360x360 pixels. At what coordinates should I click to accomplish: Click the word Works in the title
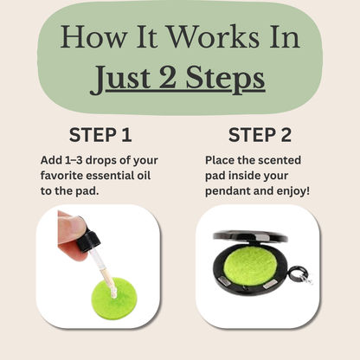point(214,37)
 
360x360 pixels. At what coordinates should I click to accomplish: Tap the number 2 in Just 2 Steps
point(168,77)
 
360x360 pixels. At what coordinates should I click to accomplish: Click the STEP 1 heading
point(100,135)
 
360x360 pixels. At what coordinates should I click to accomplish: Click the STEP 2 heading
point(260,135)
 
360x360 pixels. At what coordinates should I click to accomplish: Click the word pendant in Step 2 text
point(225,191)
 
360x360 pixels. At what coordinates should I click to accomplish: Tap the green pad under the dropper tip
point(114,298)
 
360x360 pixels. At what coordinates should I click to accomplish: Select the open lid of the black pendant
point(250,235)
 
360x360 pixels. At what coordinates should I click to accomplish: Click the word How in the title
point(93,37)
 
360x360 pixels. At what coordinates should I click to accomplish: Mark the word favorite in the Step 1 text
point(61,176)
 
